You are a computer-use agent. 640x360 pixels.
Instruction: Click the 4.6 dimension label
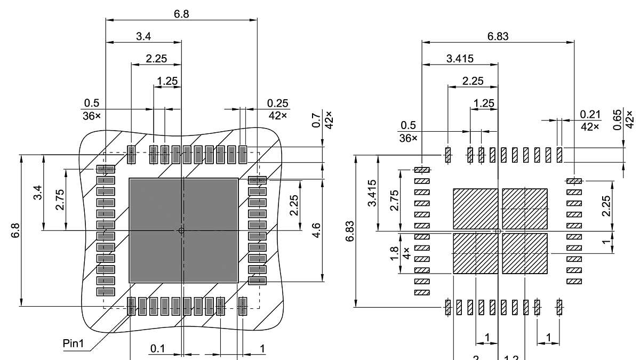(316, 230)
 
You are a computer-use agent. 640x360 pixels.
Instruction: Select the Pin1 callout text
(74, 344)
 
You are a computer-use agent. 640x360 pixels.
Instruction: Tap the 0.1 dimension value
(158, 349)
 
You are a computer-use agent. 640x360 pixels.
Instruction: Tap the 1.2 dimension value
(511, 357)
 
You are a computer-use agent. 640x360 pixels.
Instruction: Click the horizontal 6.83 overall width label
(498, 36)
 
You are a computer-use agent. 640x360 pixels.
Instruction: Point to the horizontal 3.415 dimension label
(460, 59)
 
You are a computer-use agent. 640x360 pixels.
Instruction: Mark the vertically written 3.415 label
(373, 193)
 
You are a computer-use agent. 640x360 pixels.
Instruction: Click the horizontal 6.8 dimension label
(181, 14)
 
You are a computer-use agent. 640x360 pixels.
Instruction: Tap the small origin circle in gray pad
(181, 230)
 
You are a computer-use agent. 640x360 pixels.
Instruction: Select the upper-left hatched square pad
(475, 209)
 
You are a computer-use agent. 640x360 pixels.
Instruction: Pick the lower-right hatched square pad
(525, 253)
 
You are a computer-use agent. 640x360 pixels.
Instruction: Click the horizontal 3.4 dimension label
(143, 36)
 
